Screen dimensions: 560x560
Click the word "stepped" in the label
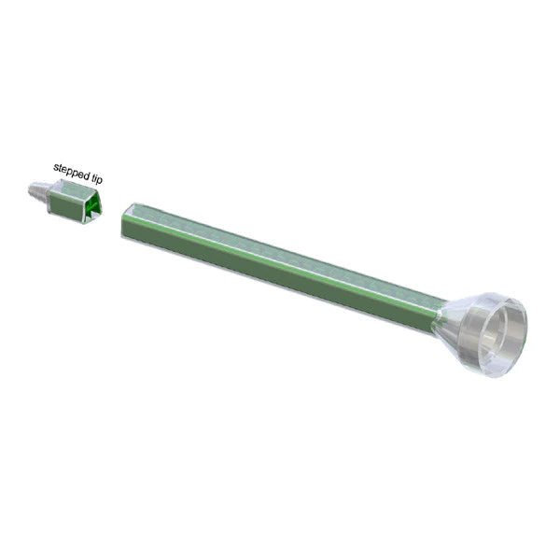coord(72,172)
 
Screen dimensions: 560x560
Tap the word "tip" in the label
coord(97,179)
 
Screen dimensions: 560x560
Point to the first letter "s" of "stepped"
coord(55,167)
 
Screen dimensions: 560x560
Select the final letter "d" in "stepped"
coord(87,175)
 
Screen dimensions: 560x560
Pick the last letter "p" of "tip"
coord(100,181)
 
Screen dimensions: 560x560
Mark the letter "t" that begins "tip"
coord(93,177)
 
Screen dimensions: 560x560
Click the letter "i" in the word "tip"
coord(96,178)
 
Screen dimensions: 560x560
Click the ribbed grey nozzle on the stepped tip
coord(36,190)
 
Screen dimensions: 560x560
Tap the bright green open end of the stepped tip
coord(92,208)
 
